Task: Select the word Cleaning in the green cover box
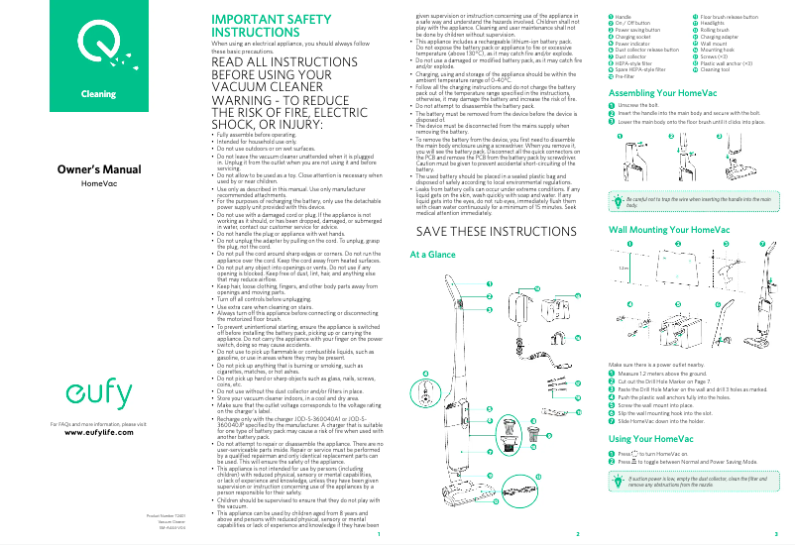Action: coord(98,93)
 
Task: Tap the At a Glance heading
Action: coord(432,255)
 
